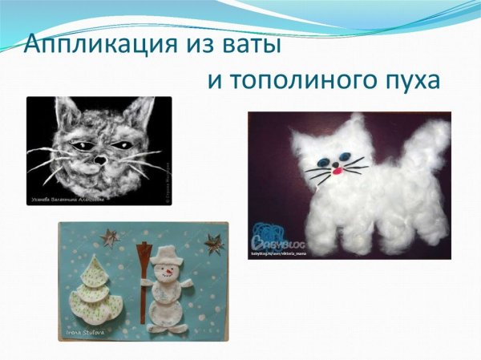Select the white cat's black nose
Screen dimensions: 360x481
pos(336,163)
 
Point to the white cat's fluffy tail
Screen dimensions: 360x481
pos(422,148)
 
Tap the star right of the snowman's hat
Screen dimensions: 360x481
pos(213,240)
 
